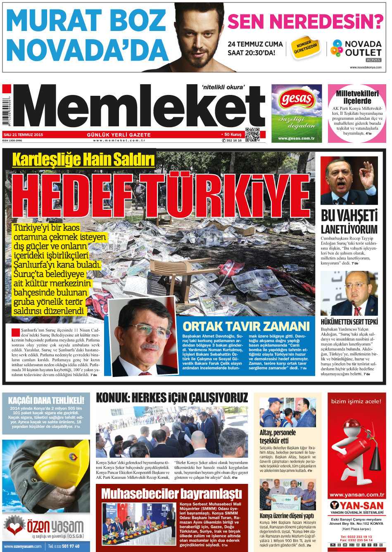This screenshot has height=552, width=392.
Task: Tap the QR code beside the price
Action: pos(252,135)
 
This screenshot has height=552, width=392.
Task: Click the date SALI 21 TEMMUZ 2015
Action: pos(23,135)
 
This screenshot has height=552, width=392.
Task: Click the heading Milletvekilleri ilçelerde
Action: pos(357,97)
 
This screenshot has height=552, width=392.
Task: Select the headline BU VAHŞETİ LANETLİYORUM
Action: pos(349,222)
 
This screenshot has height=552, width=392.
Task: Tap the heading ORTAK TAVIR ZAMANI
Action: pos(246,327)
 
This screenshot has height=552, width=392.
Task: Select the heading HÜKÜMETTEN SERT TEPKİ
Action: pos(349,322)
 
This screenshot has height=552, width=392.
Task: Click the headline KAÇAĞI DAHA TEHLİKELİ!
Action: pos(46,400)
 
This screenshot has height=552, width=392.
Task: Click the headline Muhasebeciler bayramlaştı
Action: pos(171,493)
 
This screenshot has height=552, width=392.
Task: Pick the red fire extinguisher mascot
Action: pos(356,450)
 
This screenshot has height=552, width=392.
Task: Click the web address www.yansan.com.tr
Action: pos(356,494)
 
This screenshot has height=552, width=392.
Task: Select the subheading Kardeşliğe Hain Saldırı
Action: pos(83,160)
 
